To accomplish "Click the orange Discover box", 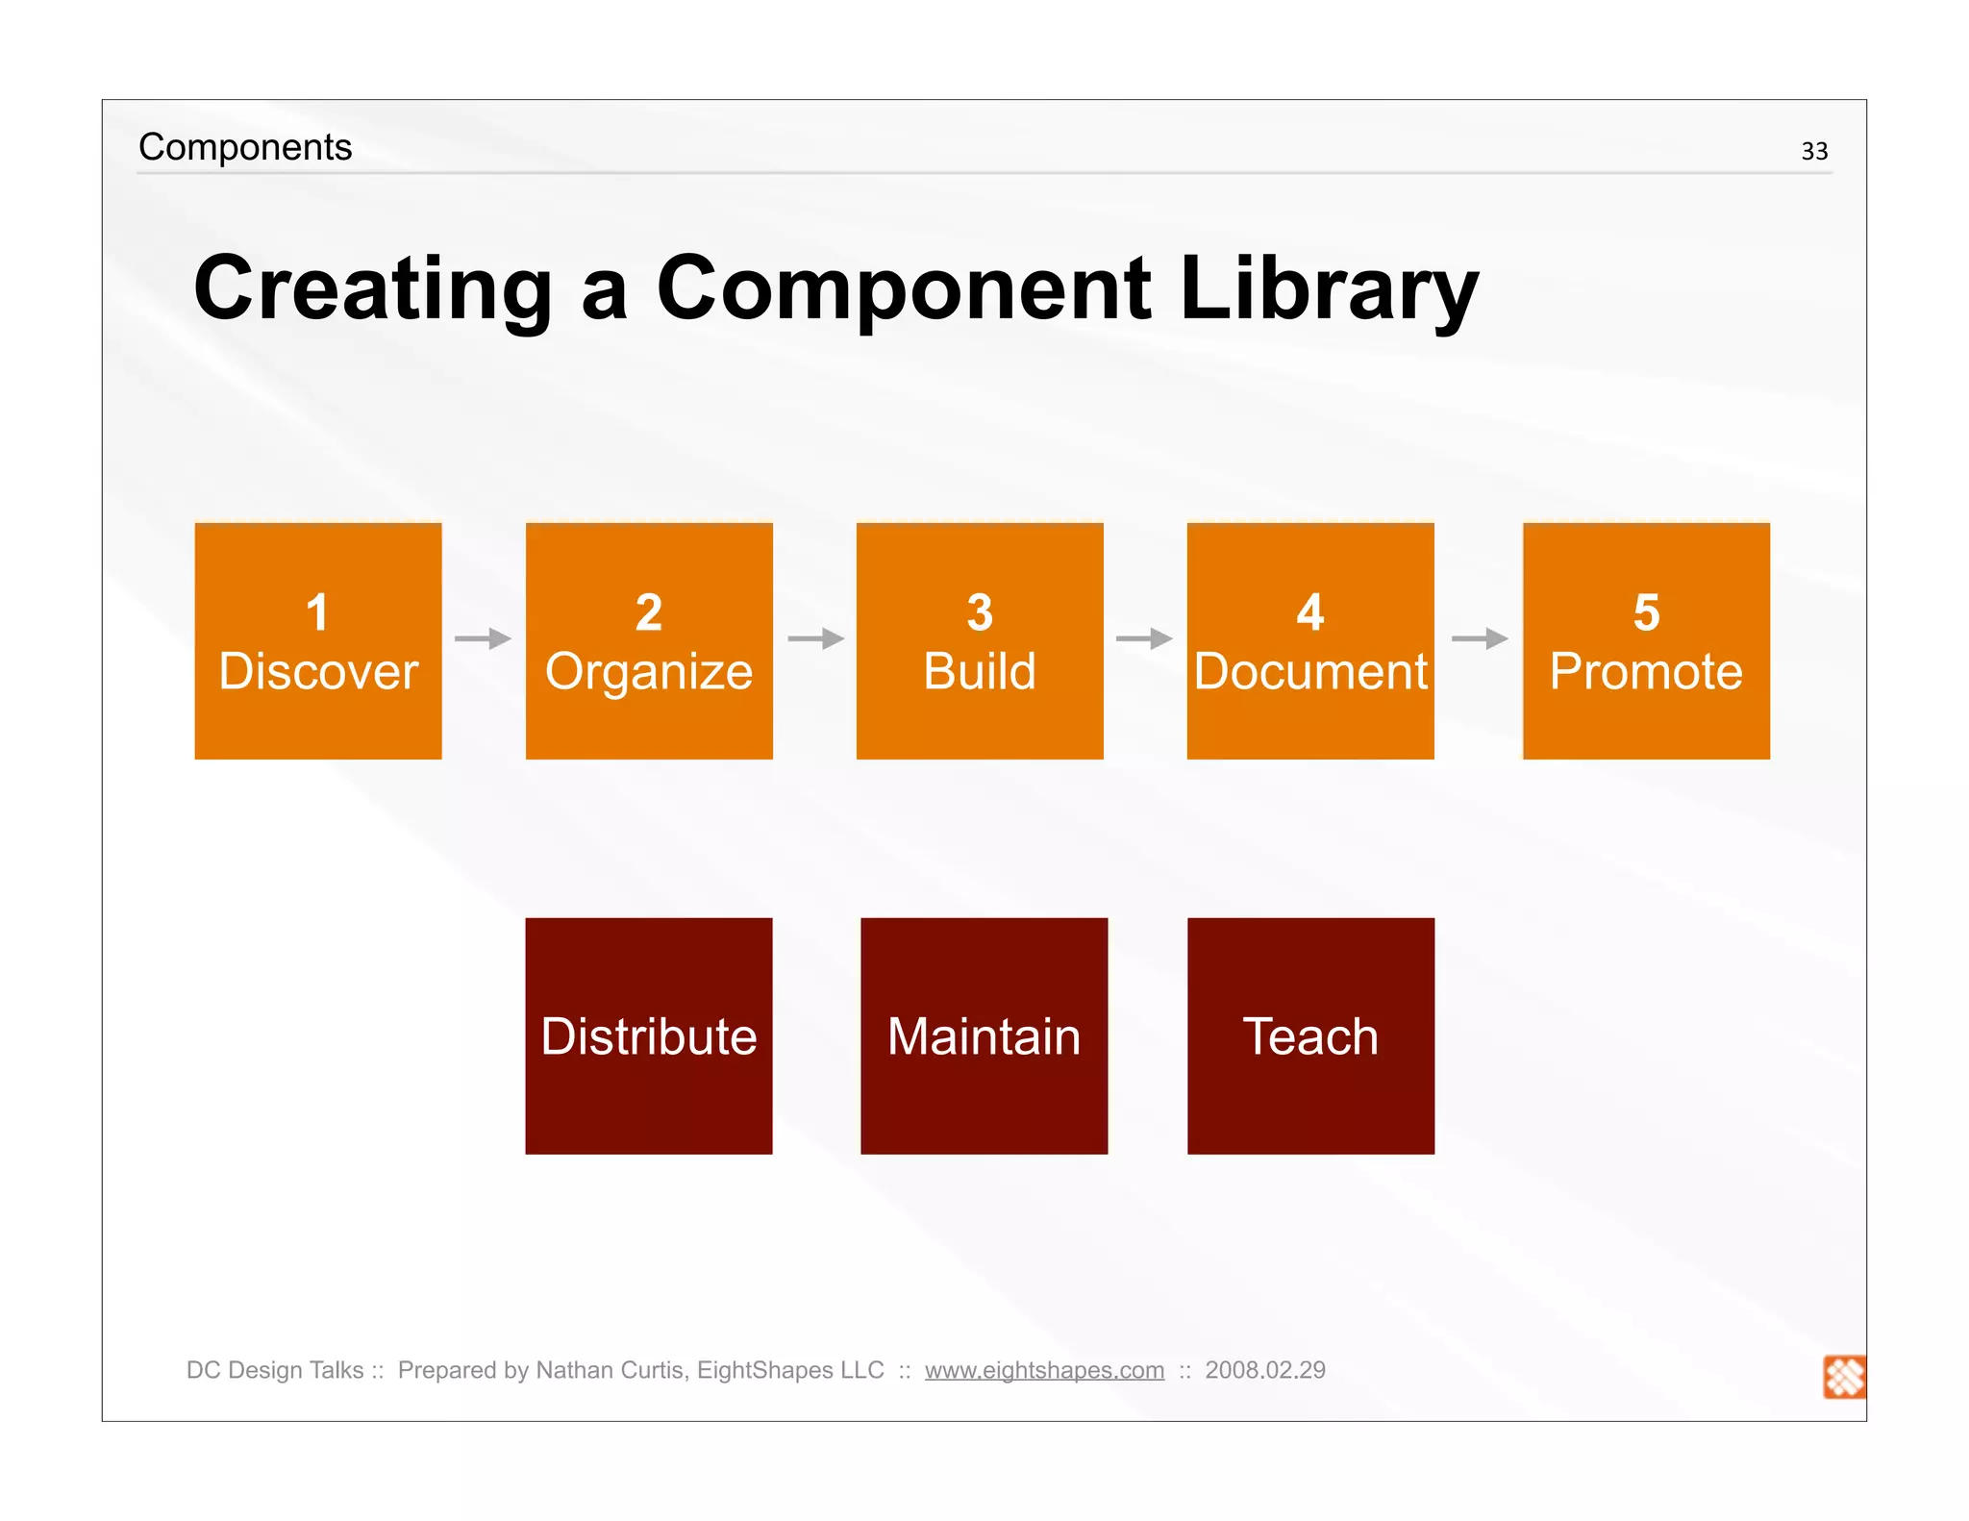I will coord(318,641).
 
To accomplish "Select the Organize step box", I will coord(649,641).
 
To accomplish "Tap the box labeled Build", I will coord(980,641).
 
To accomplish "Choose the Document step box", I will coord(1310,641).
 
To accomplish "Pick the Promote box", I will coord(1646,641).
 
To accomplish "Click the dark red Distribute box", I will coord(649,1035).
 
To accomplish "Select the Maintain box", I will coord(984,1035).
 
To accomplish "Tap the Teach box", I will coord(1310,1035).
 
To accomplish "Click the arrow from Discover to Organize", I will coord(484,638).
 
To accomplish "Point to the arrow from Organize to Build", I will coord(815,638).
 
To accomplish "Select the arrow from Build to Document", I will coord(1144,638).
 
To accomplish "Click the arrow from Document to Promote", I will coord(1480,638).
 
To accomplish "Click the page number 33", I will coord(1814,151).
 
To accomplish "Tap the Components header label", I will coord(245,147).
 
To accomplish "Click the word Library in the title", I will coord(1329,288).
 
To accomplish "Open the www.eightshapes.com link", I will coord(1044,1370).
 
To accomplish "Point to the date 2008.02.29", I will coord(1265,1370).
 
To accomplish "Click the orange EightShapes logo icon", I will coord(1844,1377).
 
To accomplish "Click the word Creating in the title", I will coord(373,288).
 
